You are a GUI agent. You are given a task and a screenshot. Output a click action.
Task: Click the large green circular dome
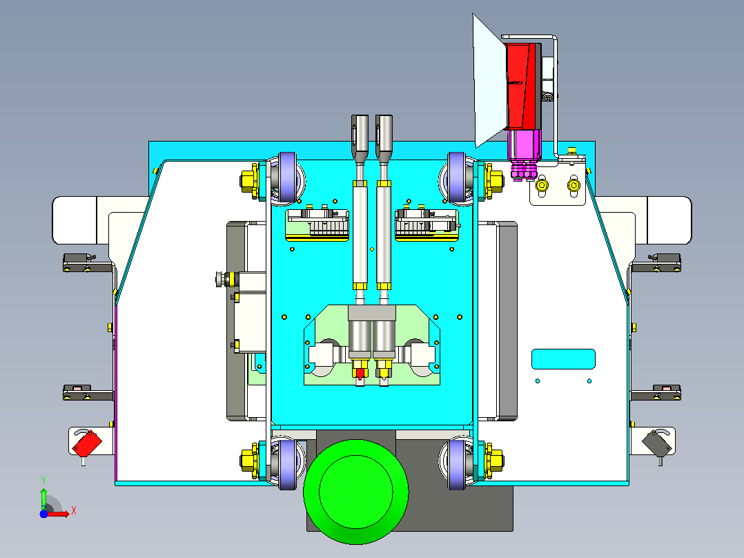(356, 492)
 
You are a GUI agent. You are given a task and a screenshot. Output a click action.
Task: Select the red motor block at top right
(523, 86)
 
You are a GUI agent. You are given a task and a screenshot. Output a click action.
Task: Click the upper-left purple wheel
(287, 177)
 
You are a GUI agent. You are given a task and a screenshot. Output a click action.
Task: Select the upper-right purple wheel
(457, 177)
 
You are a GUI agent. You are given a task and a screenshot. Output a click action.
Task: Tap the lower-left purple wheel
(287, 465)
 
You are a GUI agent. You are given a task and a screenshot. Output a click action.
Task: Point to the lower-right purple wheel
(457, 465)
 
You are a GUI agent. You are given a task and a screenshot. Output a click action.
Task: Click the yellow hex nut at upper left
(248, 181)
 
